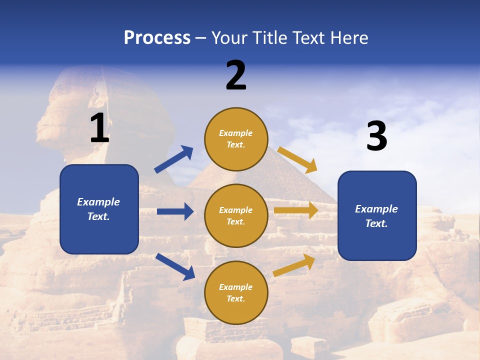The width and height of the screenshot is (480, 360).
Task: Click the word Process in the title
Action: tap(157, 38)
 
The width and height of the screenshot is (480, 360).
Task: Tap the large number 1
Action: tap(99, 128)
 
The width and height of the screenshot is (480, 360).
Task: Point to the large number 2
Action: tap(236, 75)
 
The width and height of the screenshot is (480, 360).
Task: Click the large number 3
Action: tap(376, 136)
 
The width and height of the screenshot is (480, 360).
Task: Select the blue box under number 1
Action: tap(99, 209)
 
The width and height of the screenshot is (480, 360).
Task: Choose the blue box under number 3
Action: tap(377, 215)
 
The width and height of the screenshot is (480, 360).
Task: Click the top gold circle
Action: tap(236, 138)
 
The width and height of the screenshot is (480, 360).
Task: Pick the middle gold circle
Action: tap(236, 215)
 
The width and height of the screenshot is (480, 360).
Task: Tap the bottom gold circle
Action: tap(236, 292)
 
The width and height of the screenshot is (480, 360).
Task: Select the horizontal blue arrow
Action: tap(175, 211)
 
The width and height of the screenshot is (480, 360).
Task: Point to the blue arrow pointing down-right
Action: tap(175, 266)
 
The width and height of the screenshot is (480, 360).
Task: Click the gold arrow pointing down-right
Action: tap(297, 159)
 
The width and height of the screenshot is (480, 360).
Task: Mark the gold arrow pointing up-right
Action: tap(294, 265)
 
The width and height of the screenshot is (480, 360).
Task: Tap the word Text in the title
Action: tap(309, 38)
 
